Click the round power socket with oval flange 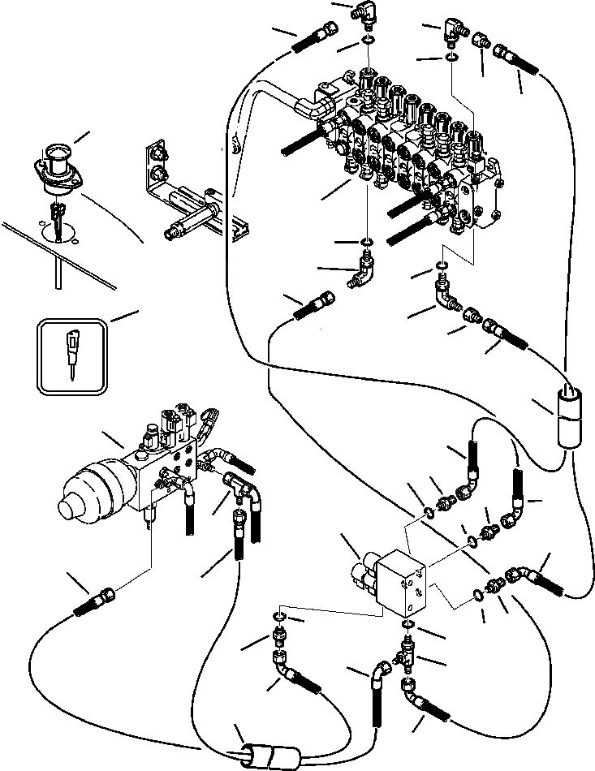coord(58,166)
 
